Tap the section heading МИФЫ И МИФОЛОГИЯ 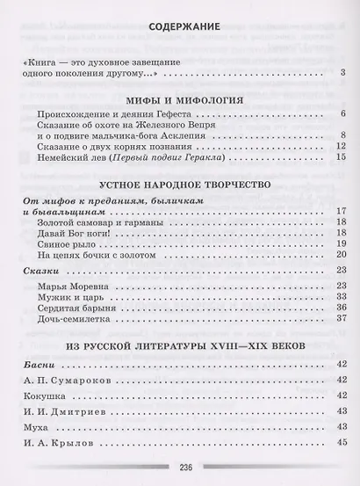[178, 98]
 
